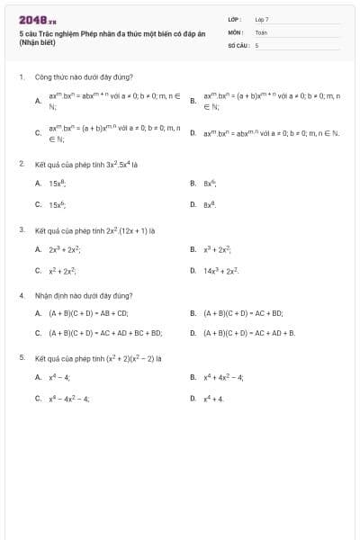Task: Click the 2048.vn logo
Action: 37,19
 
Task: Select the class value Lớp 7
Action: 262,18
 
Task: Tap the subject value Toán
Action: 261,31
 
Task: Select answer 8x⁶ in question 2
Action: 211,183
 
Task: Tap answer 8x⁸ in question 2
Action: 211,204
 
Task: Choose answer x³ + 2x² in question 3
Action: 219,248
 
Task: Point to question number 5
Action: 22,357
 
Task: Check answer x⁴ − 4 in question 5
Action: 59,377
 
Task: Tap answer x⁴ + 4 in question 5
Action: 213,398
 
